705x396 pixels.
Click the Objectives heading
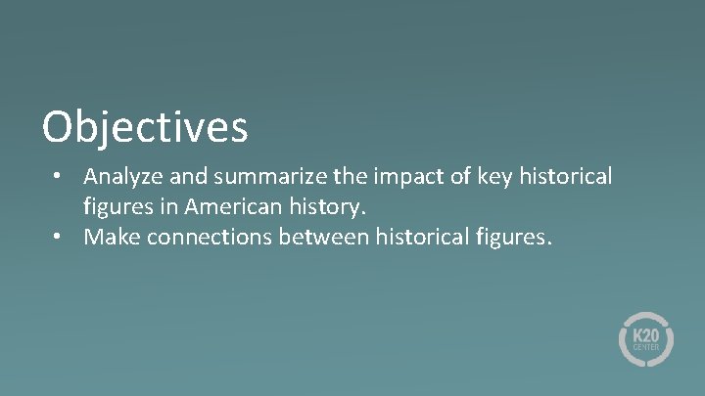(145, 127)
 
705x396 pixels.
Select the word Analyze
(122, 177)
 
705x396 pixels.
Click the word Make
(110, 236)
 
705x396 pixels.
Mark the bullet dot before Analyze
(60, 177)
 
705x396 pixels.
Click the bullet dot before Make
(60, 236)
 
